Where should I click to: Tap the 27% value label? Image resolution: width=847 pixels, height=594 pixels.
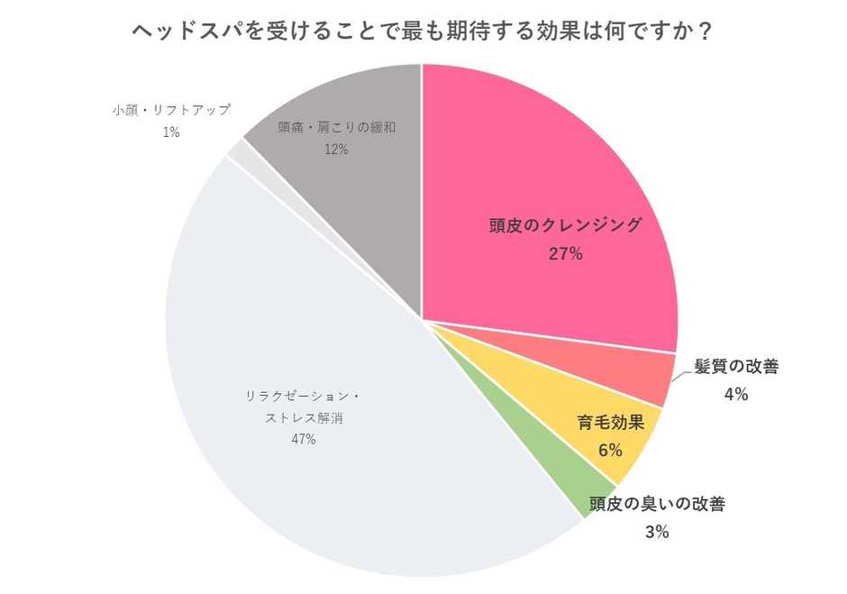tap(565, 253)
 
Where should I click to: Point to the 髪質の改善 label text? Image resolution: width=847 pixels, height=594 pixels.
tap(736, 366)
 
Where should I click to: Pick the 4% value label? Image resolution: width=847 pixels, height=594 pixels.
tap(736, 394)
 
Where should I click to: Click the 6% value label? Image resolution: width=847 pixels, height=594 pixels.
tap(610, 449)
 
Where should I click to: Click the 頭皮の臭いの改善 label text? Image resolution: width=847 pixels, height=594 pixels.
tap(657, 504)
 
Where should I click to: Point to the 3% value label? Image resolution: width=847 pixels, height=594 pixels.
tap(657, 532)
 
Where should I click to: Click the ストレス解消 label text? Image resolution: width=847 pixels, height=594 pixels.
tap(303, 417)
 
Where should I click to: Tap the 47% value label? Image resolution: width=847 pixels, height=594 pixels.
tap(303, 439)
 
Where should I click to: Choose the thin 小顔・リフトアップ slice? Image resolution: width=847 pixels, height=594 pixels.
tap(237, 150)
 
